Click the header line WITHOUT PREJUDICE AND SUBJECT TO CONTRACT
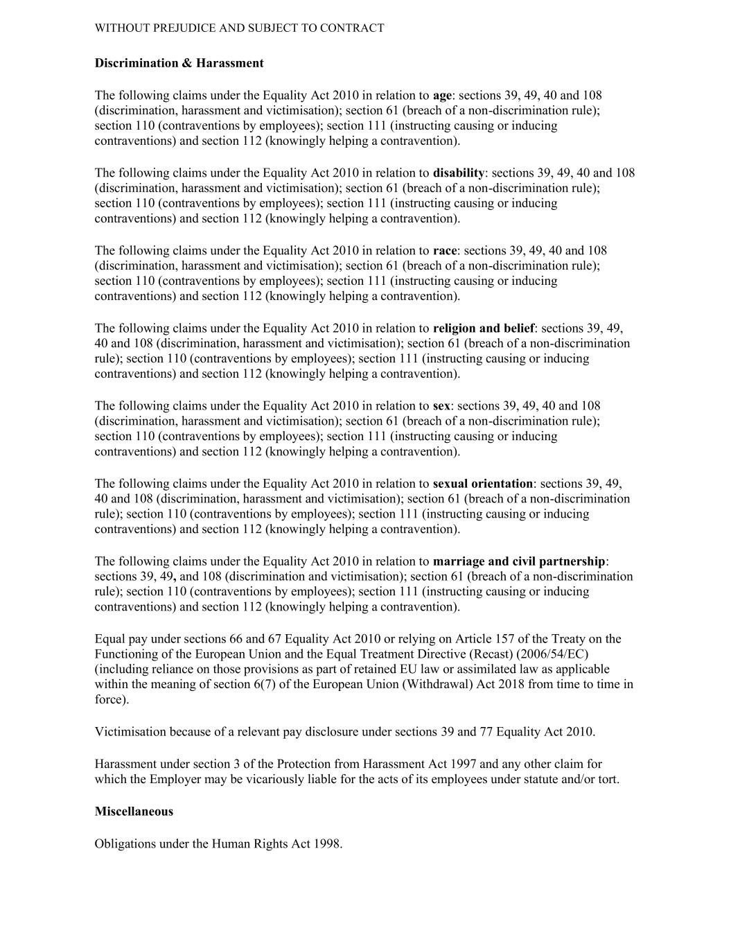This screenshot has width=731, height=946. (239, 28)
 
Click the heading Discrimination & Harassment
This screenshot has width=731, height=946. (179, 63)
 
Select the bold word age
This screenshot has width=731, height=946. (441, 96)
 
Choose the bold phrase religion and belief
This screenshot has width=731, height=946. (483, 329)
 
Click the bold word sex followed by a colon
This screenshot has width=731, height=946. (441, 406)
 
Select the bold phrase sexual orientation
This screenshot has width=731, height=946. (482, 484)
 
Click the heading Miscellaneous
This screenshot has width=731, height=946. (134, 812)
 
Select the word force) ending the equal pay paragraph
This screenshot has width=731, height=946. (112, 700)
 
